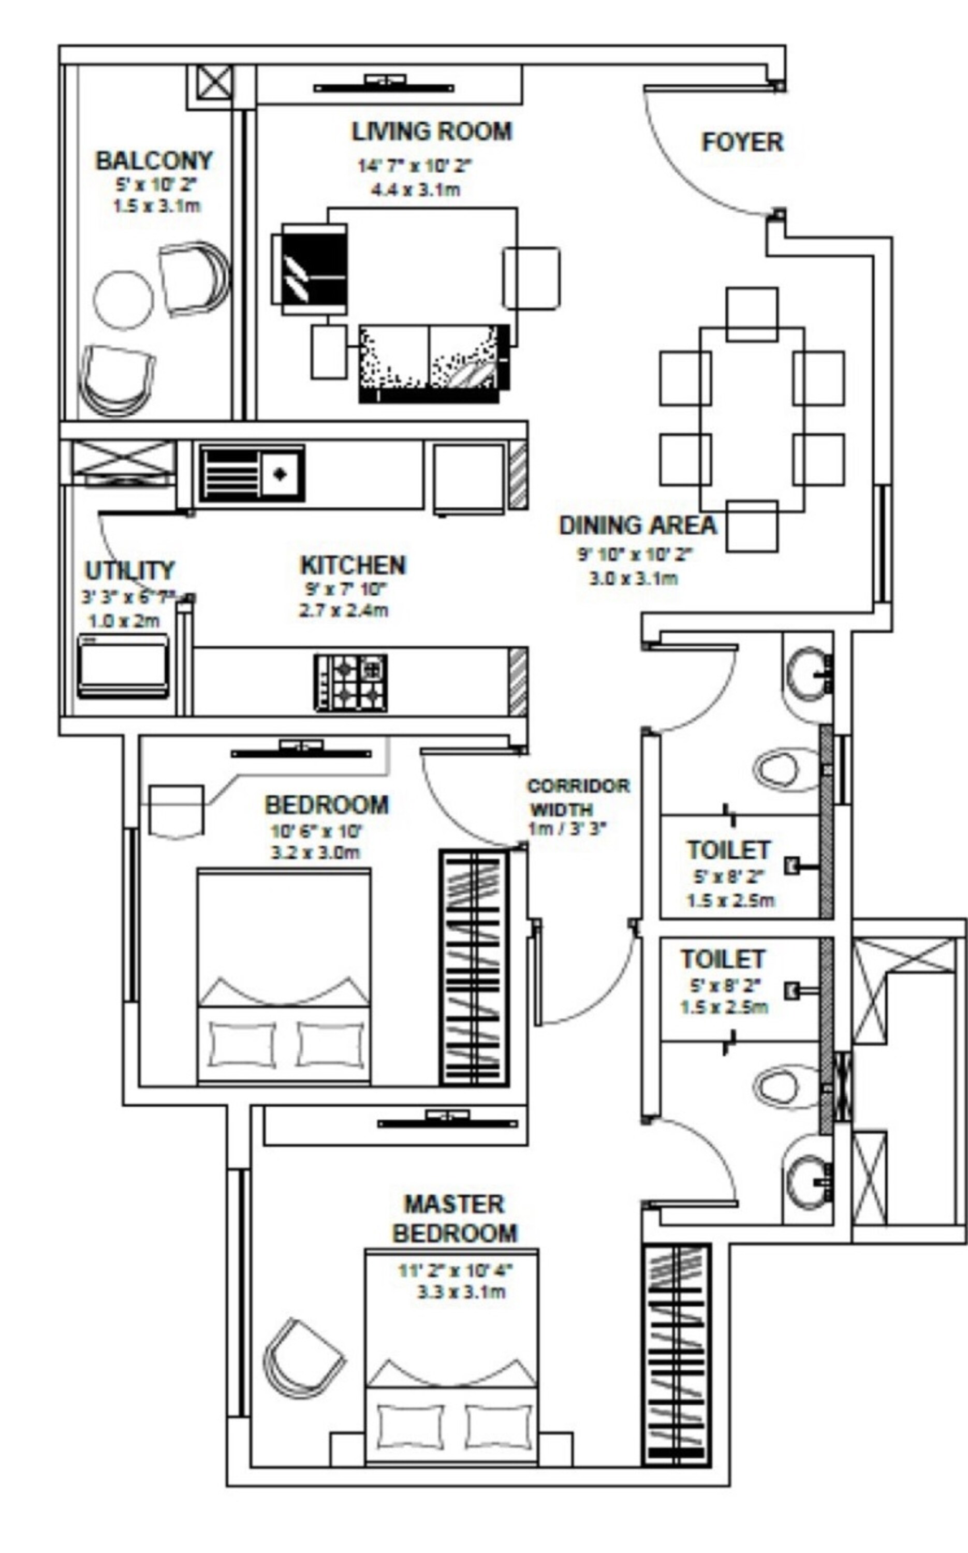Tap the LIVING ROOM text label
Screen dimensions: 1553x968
pyautogui.click(x=432, y=131)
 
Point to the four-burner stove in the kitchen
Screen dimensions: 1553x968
pyautogui.click(x=351, y=682)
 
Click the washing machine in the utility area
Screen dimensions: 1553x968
pyautogui.click(x=123, y=666)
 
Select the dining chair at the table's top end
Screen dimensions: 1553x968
pyautogui.click(x=752, y=314)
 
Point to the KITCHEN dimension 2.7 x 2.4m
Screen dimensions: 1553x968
pyautogui.click(x=343, y=610)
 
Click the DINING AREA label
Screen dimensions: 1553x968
pyautogui.click(x=637, y=525)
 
